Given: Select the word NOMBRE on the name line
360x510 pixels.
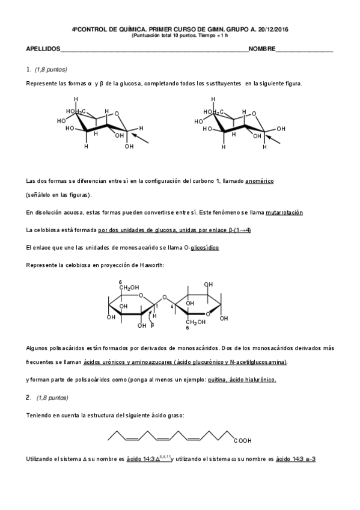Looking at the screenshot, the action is click(262, 49).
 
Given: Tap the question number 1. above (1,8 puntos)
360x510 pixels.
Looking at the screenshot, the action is click(28, 70).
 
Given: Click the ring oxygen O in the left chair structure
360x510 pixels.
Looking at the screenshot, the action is click(117, 112).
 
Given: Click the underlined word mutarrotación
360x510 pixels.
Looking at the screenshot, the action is click(284, 213).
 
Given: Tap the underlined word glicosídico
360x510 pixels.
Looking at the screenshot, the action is click(206, 248).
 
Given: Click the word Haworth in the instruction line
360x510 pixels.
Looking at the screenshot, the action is click(152, 265).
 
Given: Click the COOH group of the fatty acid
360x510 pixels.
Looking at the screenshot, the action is click(242, 441).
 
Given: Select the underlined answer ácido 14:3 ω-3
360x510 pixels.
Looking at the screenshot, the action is click(296, 459).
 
